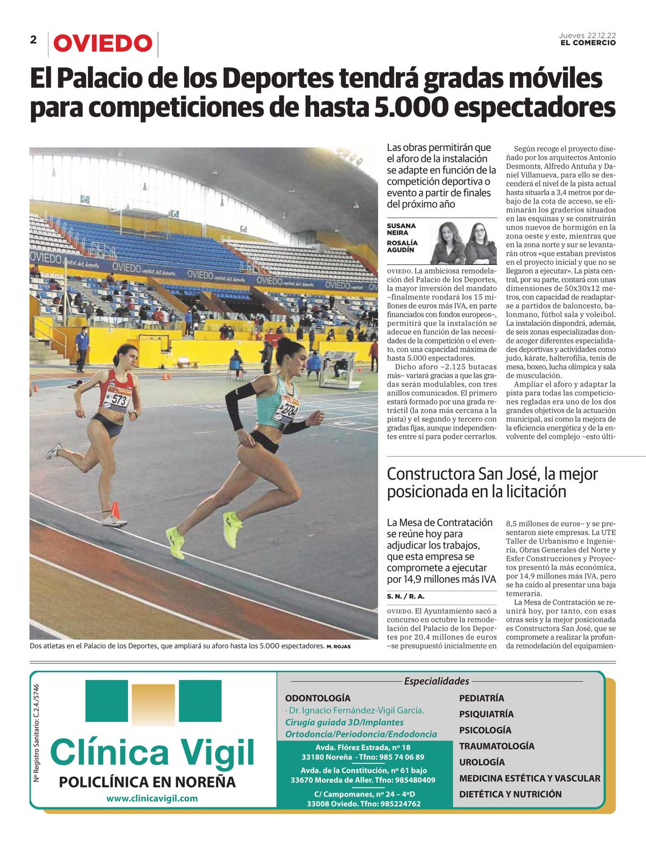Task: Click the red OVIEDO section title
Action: [102, 44]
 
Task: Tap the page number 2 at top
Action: [33, 40]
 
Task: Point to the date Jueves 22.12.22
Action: [587, 35]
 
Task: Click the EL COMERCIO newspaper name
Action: [588, 43]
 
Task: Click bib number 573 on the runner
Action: [120, 400]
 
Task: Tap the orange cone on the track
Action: [115, 509]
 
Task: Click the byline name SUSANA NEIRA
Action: [402, 229]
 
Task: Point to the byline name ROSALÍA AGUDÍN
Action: [402, 247]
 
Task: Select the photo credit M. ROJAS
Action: [338, 646]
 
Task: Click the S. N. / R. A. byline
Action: [406, 597]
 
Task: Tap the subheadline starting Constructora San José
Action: [492, 482]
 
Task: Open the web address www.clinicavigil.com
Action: [152, 798]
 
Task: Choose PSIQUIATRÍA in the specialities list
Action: [486, 714]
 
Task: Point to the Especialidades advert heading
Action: [437, 682]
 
